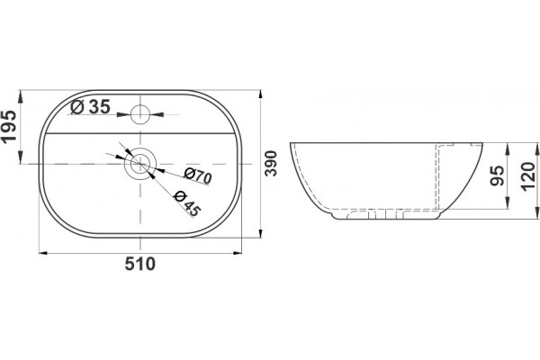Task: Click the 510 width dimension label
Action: tap(139, 264)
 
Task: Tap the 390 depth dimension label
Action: tap(272, 163)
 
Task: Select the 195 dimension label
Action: tap(9, 126)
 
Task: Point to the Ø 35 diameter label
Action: tap(90, 107)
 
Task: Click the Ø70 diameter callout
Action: tap(198, 176)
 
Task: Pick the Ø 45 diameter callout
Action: tap(187, 203)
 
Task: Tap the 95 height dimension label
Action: tap(497, 176)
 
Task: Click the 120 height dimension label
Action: tap(528, 176)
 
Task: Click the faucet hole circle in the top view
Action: tap(140, 114)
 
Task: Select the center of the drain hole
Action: tap(140, 163)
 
